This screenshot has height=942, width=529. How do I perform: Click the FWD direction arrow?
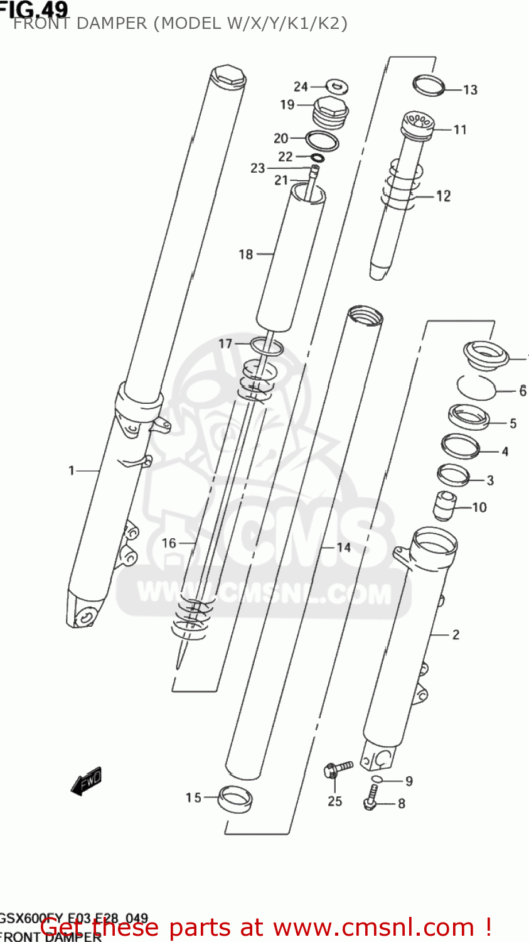86,782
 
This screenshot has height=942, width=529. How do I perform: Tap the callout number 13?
470,90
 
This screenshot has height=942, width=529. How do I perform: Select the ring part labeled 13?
429,85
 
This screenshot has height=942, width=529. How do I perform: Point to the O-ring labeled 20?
322,140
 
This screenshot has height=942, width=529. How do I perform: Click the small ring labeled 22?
317,157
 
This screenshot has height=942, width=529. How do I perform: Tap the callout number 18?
245,254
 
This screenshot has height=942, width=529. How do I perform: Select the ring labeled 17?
267,346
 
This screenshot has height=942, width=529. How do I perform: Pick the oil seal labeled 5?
468,416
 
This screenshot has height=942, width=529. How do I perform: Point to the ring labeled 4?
461,446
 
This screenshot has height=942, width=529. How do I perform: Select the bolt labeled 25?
338,768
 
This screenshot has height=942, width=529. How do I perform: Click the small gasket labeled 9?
376,779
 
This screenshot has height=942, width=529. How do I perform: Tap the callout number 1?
72,470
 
